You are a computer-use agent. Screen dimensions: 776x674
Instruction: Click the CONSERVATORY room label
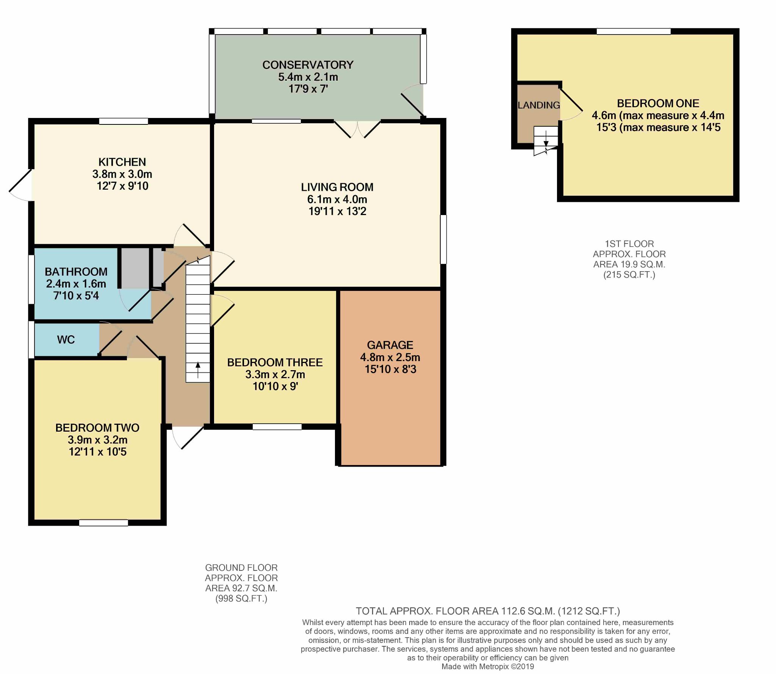(x=308, y=65)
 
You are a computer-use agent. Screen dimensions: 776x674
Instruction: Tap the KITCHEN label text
(x=122, y=162)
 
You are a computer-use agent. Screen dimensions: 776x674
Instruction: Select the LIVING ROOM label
(x=337, y=187)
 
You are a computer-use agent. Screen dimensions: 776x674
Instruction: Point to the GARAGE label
(x=390, y=345)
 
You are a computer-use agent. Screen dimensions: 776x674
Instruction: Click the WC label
(x=66, y=339)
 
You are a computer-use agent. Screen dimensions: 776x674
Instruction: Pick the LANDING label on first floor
(x=539, y=105)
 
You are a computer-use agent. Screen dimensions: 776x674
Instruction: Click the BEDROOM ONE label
(x=658, y=103)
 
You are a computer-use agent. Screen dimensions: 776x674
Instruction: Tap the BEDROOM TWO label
(x=97, y=428)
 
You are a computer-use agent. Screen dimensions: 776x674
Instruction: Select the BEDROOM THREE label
(x=275, y=362)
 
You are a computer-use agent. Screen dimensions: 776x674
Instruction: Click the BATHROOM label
(x=76, y=272)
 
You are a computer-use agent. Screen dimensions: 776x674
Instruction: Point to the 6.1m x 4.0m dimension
(x=337, y=199)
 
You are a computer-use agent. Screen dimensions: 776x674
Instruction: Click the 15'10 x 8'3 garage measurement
(x=390, y=369)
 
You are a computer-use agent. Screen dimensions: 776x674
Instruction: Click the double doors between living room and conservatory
(x=357, y=129)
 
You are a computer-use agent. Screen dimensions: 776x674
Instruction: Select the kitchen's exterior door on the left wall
(x=20, y=185)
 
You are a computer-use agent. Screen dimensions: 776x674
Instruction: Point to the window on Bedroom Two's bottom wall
(x=103, y=523)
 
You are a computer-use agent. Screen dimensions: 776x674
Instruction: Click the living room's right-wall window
(x=443, y=239)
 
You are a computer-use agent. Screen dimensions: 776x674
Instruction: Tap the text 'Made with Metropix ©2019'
(x=488, y=666)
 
